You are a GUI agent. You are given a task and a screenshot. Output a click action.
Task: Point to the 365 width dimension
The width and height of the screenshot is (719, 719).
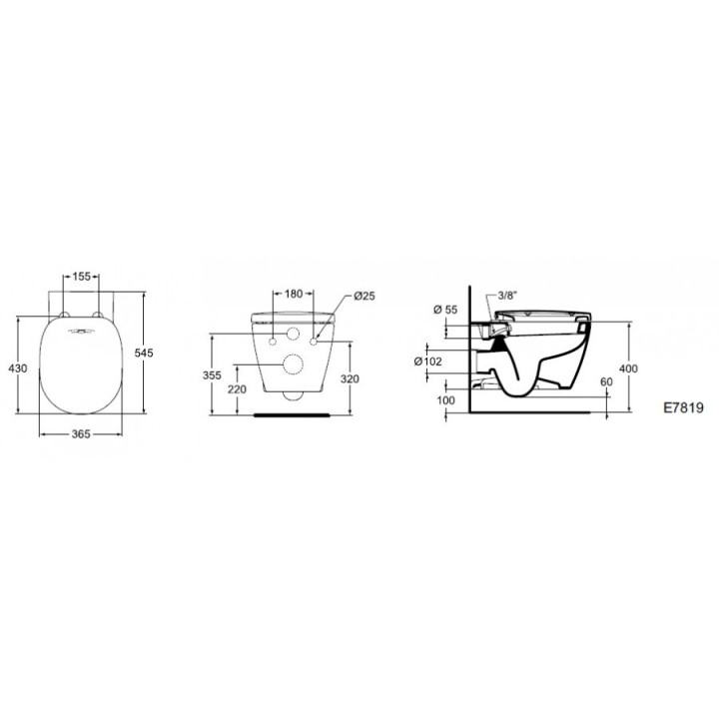83,433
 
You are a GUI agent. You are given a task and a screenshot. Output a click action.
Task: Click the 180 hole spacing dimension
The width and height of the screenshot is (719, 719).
294,294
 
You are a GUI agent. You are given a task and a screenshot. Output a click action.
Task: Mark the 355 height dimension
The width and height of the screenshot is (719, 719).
212,376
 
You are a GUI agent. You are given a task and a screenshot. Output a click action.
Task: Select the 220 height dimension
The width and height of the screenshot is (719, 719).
236,388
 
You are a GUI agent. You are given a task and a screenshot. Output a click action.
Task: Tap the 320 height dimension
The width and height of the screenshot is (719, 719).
351,379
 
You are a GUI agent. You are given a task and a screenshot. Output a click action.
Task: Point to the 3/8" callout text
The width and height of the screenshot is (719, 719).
507,296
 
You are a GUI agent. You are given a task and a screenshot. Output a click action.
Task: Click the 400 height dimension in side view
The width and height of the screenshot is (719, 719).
627,369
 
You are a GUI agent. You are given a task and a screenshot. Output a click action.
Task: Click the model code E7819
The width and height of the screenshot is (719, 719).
683,408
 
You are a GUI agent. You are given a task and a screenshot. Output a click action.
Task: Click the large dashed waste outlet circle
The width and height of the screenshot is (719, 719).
294,365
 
